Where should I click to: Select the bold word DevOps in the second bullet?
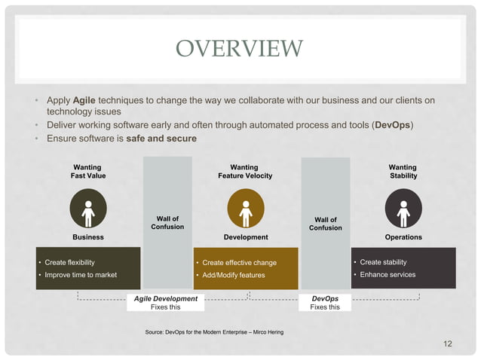point(393,125)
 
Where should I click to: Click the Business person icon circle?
point(88,209)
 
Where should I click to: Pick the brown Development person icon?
point(245,209)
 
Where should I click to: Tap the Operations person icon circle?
point(403,209)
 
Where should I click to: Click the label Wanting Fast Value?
point(88,171)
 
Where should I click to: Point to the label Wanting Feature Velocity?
point(245,171)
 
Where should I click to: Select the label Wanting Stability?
point(403,171)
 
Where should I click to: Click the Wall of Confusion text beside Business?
point(167,223)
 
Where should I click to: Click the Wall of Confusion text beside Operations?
point(325,224)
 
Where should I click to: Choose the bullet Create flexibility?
point(69,262)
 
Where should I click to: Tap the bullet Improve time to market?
point(81,275)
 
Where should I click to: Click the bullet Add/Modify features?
point(234,276)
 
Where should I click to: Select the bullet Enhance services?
point(388,274)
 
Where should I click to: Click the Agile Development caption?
point(165,299)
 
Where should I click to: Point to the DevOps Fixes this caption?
point(325,303)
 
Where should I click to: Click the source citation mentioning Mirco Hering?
point(213,331)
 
